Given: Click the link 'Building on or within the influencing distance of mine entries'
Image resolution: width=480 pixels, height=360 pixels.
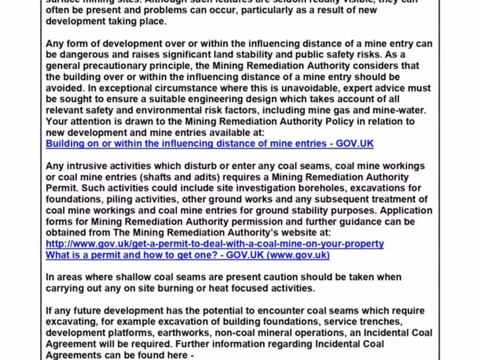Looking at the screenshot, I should pyautogui.click(x=210, y=143).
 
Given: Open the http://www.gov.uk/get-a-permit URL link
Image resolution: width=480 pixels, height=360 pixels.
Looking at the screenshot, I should pyautogui.click(x=215, y=244).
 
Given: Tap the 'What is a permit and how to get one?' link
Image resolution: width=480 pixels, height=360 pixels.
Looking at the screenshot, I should pyautogui.click(x=187, y=255).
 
